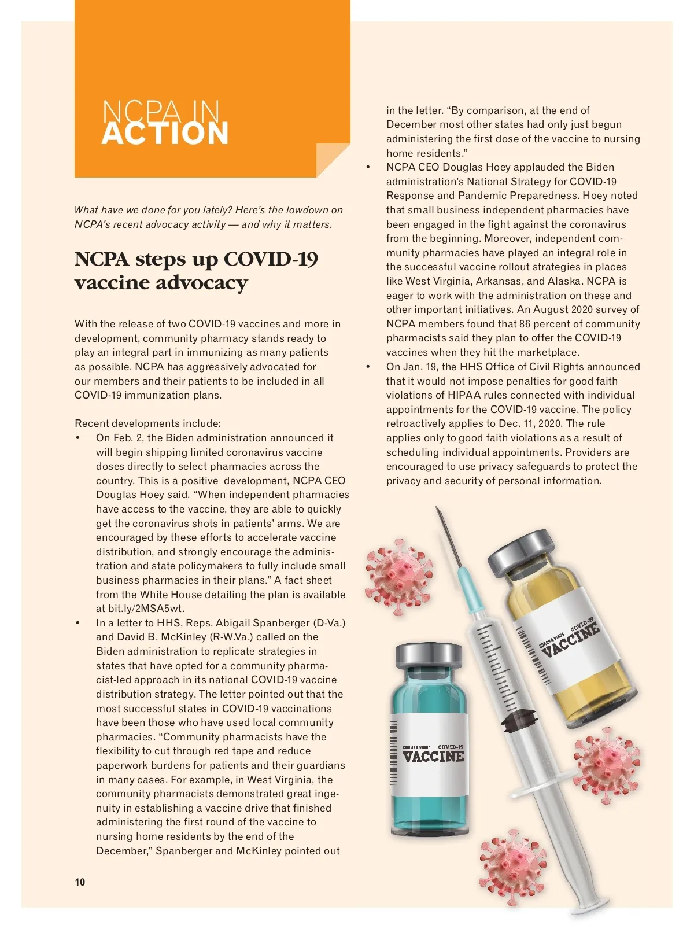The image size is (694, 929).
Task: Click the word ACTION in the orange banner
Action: (x=165, y=133)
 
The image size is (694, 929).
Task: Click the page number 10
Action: (x=80, y=882)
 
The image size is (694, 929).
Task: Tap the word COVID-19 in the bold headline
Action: (x=271, y=259)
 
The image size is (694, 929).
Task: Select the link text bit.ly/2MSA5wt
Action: (x=146, y=609)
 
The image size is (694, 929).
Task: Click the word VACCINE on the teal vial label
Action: (x=433, y=756)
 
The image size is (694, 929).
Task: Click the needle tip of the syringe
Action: (x=438, y=509)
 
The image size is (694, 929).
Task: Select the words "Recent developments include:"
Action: (x=147, y=423)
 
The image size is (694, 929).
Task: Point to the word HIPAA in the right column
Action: (x=463, y=395)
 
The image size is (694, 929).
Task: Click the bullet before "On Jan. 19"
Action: (x=368, y=367)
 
